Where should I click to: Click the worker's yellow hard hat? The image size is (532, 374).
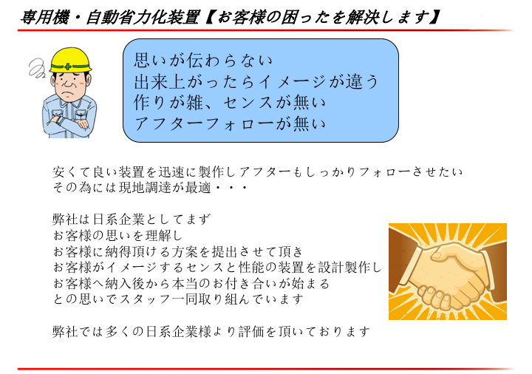pos(70,60)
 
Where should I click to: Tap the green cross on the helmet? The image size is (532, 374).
pos(68,67)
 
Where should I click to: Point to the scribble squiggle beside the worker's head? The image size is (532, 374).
pos(37,68)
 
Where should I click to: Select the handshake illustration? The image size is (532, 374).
pos(448,271)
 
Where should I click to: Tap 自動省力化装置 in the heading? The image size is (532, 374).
pos(142,17)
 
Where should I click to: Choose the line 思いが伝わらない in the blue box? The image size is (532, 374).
pos(203,60)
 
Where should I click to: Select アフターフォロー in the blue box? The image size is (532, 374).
pos(203,123)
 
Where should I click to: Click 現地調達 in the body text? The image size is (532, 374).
pos(146,187)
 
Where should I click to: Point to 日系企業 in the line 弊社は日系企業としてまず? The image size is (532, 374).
pos(119,220)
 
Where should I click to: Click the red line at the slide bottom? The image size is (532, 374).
pos(265,369)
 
